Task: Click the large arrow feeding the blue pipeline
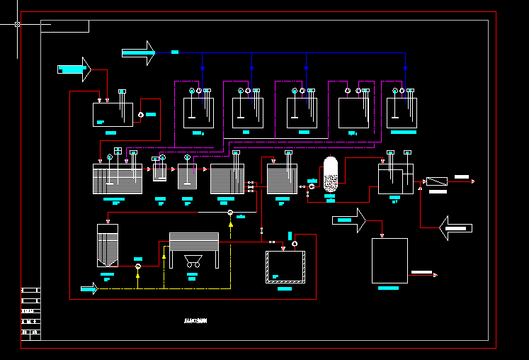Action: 138,52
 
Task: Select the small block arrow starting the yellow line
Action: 89,288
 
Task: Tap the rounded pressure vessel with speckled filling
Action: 331,174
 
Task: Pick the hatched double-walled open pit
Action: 285,267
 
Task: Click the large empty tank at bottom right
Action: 389,261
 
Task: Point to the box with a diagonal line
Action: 437,181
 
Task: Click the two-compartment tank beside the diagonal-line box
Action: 395,179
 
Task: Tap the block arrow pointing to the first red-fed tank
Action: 74,69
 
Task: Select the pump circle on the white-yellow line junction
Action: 230,212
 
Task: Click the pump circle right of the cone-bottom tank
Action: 138,266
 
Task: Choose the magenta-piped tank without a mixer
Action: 353,113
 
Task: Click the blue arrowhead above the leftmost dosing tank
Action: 202,69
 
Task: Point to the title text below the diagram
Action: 195,321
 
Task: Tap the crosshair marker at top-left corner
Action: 17,24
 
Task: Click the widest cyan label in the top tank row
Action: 403,132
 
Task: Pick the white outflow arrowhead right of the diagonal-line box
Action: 472,181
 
